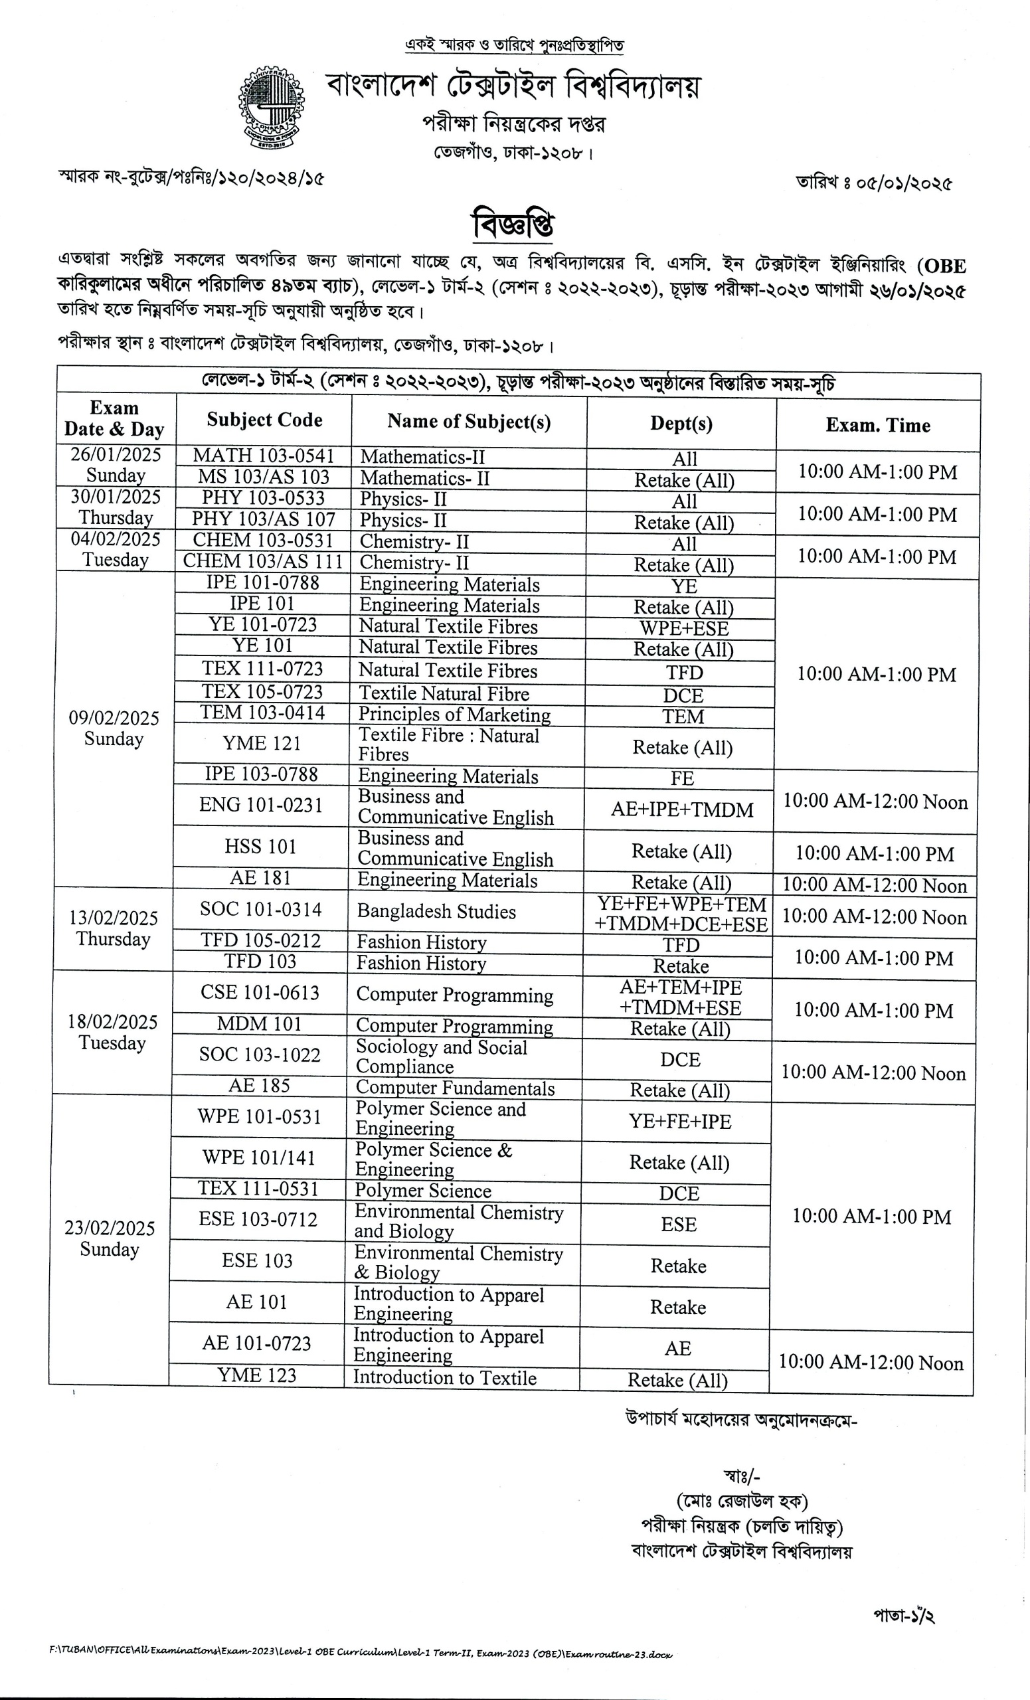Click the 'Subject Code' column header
coord(264,420)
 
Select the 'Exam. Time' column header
coord(877,425)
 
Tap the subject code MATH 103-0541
coord(264,456)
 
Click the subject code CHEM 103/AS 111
coord(263,562)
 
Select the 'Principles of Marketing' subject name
coord(454,715)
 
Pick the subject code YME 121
coord(262,743)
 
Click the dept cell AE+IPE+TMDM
coord(681,810)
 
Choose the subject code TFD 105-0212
coord(261,940)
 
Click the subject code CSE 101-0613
coord(260,993)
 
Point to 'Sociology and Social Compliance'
coord(441,1057)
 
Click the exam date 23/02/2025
coord(110,1228)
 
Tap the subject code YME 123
coord(256,1375)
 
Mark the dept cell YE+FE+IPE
coord(679,1121)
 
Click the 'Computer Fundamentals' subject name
coord(455,1088)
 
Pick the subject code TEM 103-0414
coord(262,713)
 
